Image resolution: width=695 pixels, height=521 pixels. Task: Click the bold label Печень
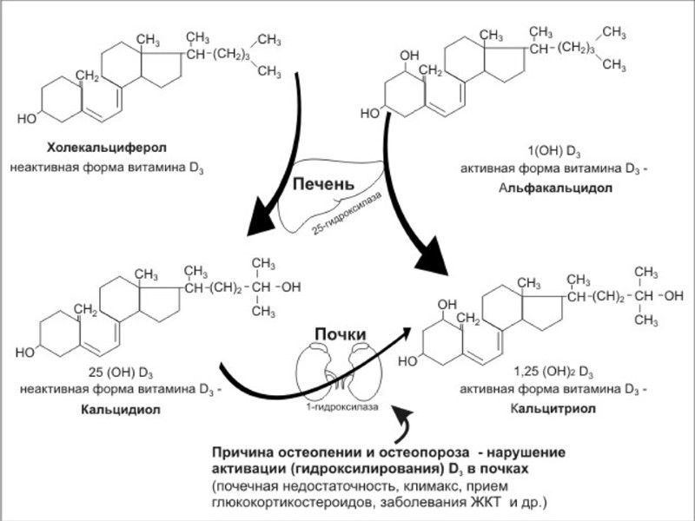[x=324, y=185]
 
